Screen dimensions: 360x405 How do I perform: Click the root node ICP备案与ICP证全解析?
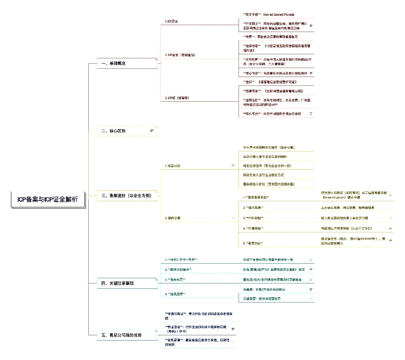48,199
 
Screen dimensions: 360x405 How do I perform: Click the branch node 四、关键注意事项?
117,283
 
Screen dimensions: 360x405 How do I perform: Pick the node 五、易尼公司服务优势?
122,335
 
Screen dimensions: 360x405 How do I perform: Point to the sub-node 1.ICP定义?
172,21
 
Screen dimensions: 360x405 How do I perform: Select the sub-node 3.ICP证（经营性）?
177,98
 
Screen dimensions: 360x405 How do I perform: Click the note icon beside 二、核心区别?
152,130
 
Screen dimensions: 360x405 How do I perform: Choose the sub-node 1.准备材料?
173,166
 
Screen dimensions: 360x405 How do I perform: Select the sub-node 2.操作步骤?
173,218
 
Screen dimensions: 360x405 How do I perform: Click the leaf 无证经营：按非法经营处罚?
262,298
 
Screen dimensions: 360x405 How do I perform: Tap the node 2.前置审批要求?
178,269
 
